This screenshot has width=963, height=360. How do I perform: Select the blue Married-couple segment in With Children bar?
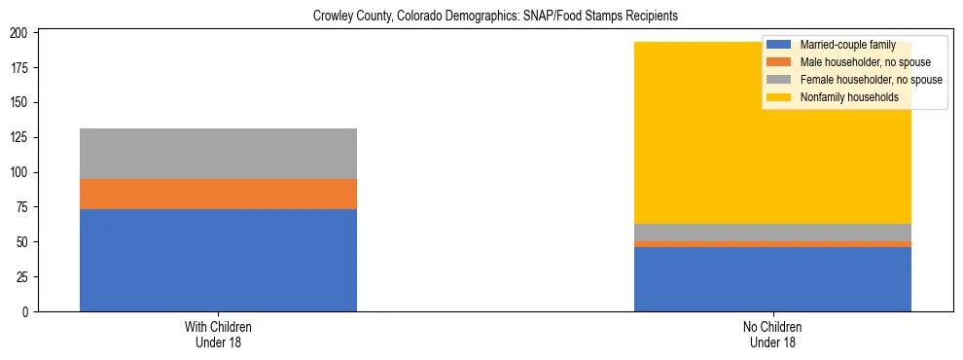click(x=218, y=260)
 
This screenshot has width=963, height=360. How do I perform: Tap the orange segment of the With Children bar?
click(x=218, y=194)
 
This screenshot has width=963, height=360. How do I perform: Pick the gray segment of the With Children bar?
click(x=218, y=154)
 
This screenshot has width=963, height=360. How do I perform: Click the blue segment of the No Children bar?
click(x=772, y=279)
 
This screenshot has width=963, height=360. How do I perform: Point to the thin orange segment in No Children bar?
click(x=772, y=244)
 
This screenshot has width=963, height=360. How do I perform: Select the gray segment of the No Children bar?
click(x=772, y=233)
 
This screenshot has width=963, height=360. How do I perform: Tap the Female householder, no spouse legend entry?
click(x=870, y=80)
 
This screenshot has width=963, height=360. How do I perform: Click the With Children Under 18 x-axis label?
click(x=218, y=335)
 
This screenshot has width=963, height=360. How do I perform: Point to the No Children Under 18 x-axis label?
click(x=772, y=335)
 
